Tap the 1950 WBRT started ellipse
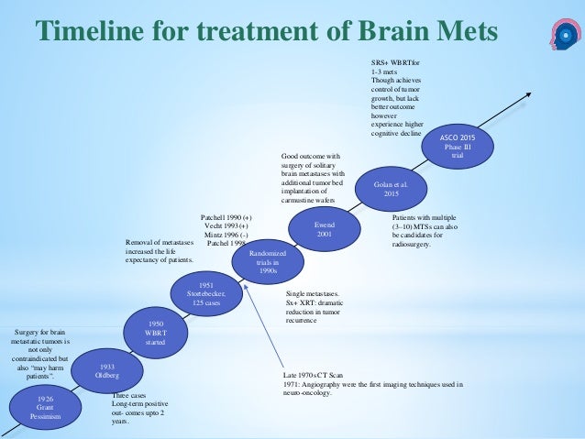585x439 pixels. click(155, 332)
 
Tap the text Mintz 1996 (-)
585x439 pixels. click(224, 235)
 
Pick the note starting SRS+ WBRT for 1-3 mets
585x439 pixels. click(390, 95)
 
